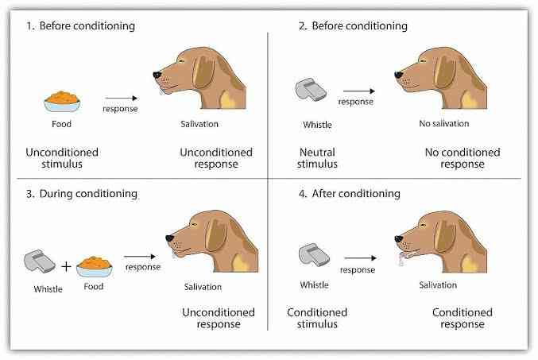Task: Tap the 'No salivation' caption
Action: coord(444,124)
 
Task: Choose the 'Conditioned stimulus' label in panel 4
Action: coord(314,318)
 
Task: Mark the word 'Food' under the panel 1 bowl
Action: coord(61,124)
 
